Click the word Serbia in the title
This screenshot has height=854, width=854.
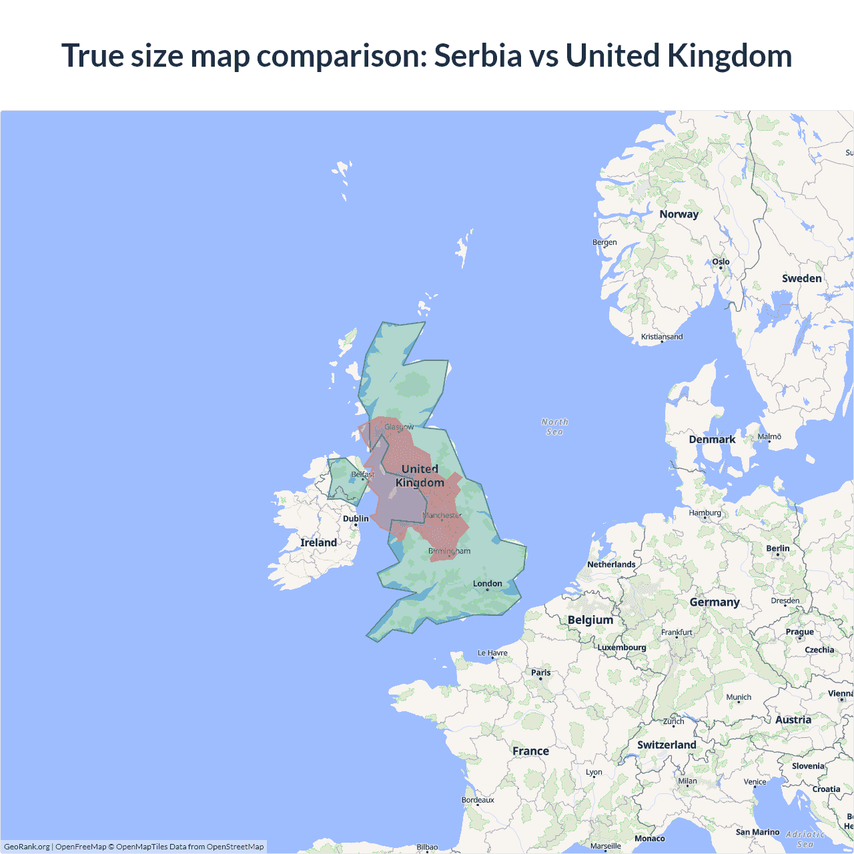coord(478,55)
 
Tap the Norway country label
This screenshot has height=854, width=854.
coord(679,214)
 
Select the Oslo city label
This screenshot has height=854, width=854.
coord(721,262)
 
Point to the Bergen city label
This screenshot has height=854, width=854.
coord(604,242)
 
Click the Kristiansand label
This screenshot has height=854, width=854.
coord(662,337)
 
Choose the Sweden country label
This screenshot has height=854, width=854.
coord(801,278)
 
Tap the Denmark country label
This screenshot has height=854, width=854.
coord(712,439)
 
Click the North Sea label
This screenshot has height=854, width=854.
coord(554,426)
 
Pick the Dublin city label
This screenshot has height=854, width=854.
coord(356,518)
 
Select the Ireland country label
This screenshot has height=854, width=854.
coord(318,542)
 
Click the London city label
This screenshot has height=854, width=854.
coord(487,583)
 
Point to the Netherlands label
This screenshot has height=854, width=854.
coord(611,564)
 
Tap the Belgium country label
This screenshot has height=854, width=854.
coord(590,620)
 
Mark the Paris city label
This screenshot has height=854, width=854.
coord(540,673)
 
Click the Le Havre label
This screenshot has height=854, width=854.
coord(492,653)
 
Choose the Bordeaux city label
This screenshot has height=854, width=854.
coord(478,800)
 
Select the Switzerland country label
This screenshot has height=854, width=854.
coord(667,745)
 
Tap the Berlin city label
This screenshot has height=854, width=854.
coord(777,548)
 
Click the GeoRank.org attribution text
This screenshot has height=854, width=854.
coord(27,847)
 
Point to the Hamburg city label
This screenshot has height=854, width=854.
coord(705,513)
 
